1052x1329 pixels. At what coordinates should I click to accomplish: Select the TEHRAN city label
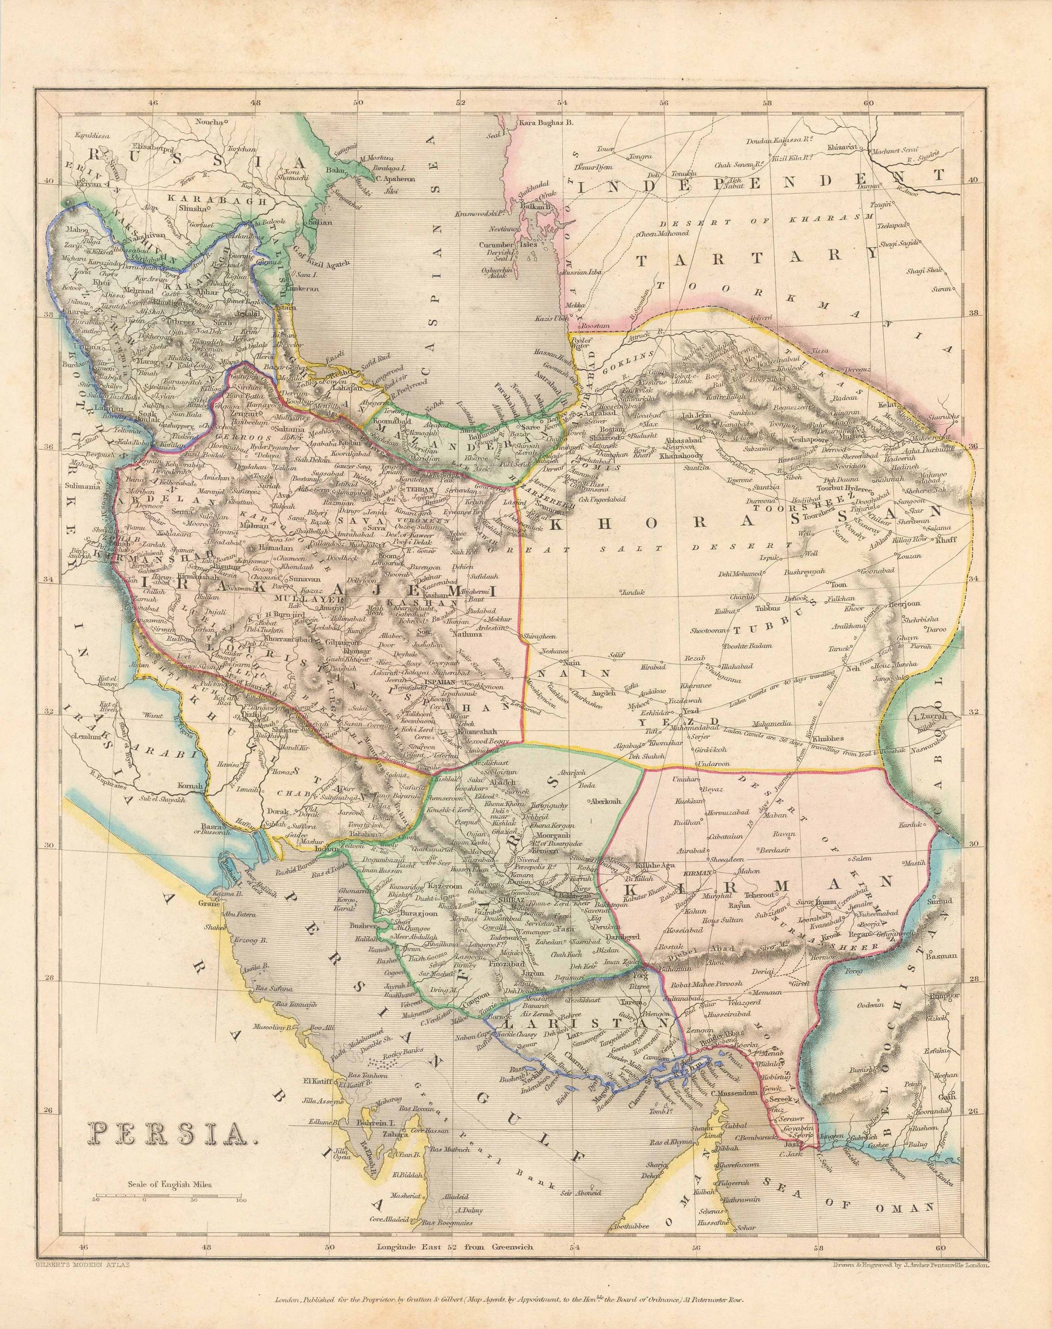[x=419, y=490]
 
